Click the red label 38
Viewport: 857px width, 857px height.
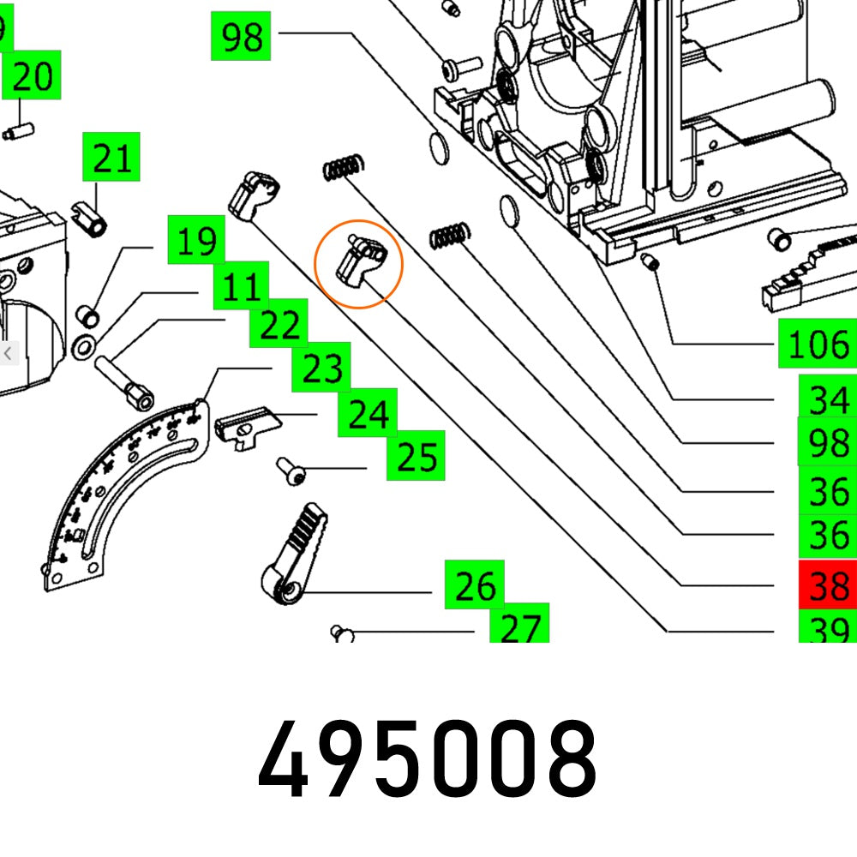click(828, 585)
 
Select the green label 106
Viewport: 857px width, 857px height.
click(818, 345)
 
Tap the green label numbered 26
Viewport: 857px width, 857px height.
click(474, 586)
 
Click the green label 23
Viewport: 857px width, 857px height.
click(321, 369)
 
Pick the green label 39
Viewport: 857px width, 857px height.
click(828, 629)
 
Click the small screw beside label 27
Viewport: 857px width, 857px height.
click(343, 633)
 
